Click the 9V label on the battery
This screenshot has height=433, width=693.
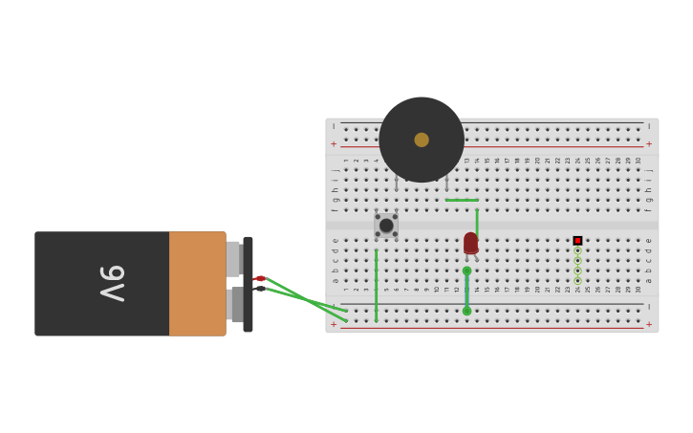pos(113,284)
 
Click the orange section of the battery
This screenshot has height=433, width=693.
pos(197,284)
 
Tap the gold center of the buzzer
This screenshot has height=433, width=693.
pos(422,140)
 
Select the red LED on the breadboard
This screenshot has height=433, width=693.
pos(471,244)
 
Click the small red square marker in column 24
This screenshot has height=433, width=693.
pos(577,241)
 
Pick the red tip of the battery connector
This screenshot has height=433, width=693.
pos(260,278)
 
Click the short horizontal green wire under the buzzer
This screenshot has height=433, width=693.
pos(462,200)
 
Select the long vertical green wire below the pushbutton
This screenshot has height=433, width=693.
pos(377,285)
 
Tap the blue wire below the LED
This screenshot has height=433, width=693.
pos(466,291)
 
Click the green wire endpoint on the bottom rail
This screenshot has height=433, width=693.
pos(466,311)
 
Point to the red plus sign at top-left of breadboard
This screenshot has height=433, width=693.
pos(334,144)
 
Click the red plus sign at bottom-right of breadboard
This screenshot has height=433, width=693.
pos(649,325)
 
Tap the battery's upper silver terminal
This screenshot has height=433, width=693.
pos(232,259)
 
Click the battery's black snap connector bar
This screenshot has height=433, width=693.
pos(248,284)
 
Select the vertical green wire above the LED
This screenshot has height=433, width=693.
pos(477,222)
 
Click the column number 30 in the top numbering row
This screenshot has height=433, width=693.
pos(639,161)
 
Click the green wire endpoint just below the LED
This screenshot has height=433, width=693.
pos(466,271)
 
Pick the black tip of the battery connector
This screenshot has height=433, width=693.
pos(260,288)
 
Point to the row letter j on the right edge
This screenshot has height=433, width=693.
pos(649,170)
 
